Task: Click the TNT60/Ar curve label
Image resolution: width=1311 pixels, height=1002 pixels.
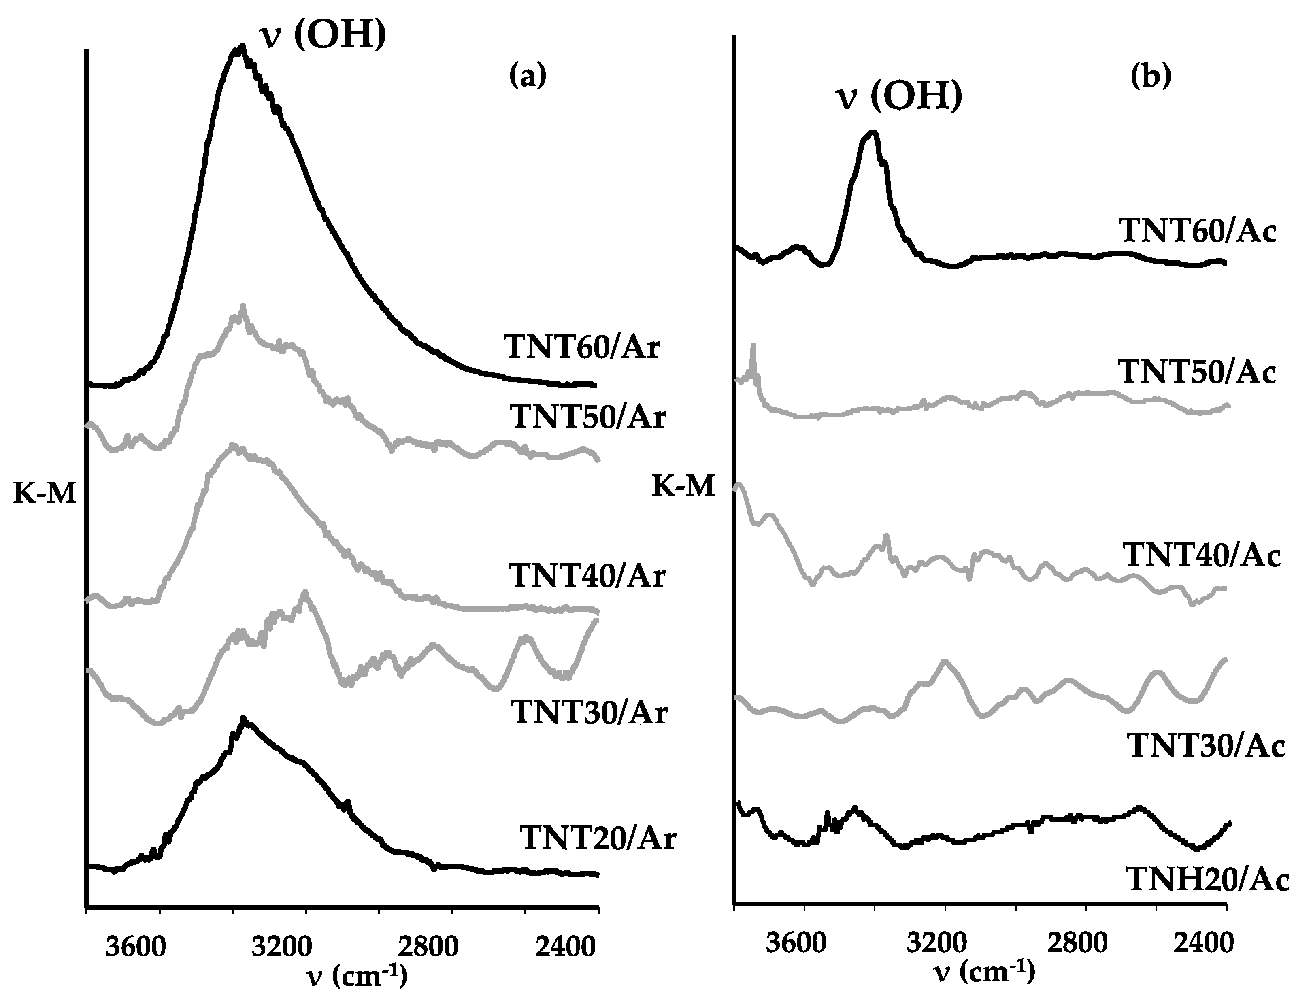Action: pyautogui.click(x=581, y=347)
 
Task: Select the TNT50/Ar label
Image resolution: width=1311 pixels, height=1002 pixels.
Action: pyautogui.click(x=587, y=417)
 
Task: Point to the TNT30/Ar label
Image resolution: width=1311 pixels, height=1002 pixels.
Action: pyautogui.click(x=589, y=713)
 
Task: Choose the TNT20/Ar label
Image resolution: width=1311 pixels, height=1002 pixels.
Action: pyautogui.click(x=598, y=838)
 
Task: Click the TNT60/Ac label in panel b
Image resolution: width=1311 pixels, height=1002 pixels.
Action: pyautogui.click(x=1198, y=231)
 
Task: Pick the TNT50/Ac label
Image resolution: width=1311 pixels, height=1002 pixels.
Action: pyautogui.click(x=1197, y=372)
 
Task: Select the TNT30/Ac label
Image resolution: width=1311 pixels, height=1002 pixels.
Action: pyautogui.click(x=1205, y=746)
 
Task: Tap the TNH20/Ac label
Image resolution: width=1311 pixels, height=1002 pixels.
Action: pyautogui.click(x=1208, y=880)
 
